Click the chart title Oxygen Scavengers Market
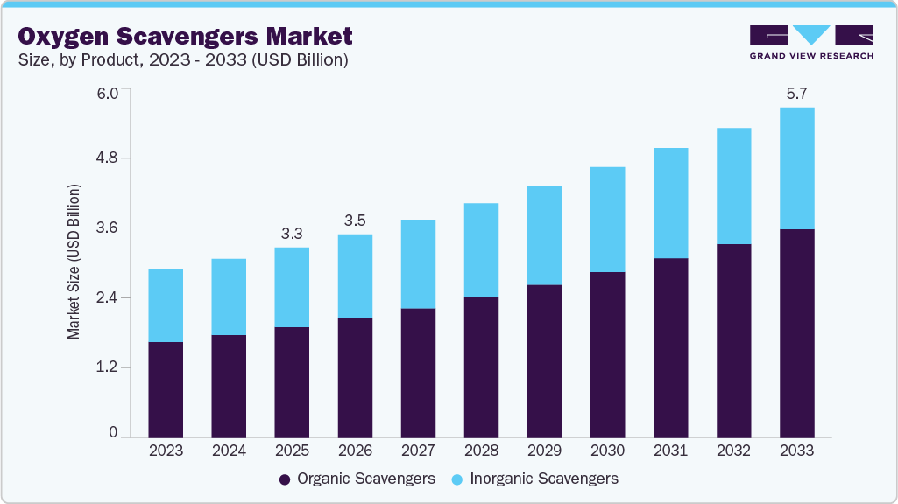[x=185, y=37]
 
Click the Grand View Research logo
[x=810, y=41]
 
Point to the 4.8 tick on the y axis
[x=117, y=158]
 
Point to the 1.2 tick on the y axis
[x=117, y=367]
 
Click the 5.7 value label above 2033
[x=796, y=94]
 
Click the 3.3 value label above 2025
[x=292, y=234]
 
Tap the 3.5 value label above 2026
[x=355, y=220]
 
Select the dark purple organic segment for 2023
[x=166, y=389]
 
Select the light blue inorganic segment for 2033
[x=796, y=168]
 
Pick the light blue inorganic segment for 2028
[x=481, y=250]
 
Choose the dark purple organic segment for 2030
[x=607, y=354]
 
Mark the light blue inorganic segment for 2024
[x=229, y=297]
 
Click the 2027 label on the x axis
[x=418, y=451]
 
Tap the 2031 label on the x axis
[x=670, y=451]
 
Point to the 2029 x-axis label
[x=544, y=451]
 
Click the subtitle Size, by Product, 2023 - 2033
[x=183, y=60]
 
